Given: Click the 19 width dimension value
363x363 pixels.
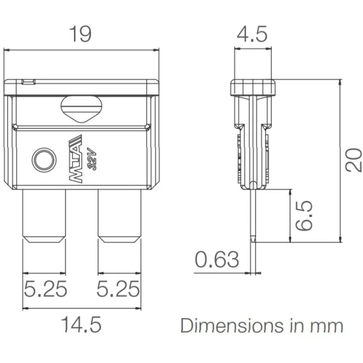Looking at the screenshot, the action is click(80, 34).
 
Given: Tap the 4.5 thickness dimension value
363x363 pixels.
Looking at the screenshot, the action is click(252, 34).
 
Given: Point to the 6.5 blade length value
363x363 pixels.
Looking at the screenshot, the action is click(304, 216).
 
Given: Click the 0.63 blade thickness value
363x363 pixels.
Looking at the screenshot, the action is click(217, 259).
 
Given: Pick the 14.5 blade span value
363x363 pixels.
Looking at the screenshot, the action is click(81, 324).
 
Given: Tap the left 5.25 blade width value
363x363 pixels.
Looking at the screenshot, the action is click(45, 289).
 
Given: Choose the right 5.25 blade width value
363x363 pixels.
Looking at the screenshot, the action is click(118, 289).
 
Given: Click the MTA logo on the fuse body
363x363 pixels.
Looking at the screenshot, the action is click(76, 159).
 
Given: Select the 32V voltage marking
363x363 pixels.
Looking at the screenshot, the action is click(92, 159).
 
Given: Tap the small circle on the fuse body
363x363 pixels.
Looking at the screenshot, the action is click(44, 160).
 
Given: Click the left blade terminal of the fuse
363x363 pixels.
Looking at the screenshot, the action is click(44, 216).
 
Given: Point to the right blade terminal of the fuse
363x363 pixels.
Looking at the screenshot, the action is click(119, 216).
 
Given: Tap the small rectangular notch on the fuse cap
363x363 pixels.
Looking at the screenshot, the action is click(29, 82).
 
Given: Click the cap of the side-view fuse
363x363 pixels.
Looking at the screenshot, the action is click(253, 88).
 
